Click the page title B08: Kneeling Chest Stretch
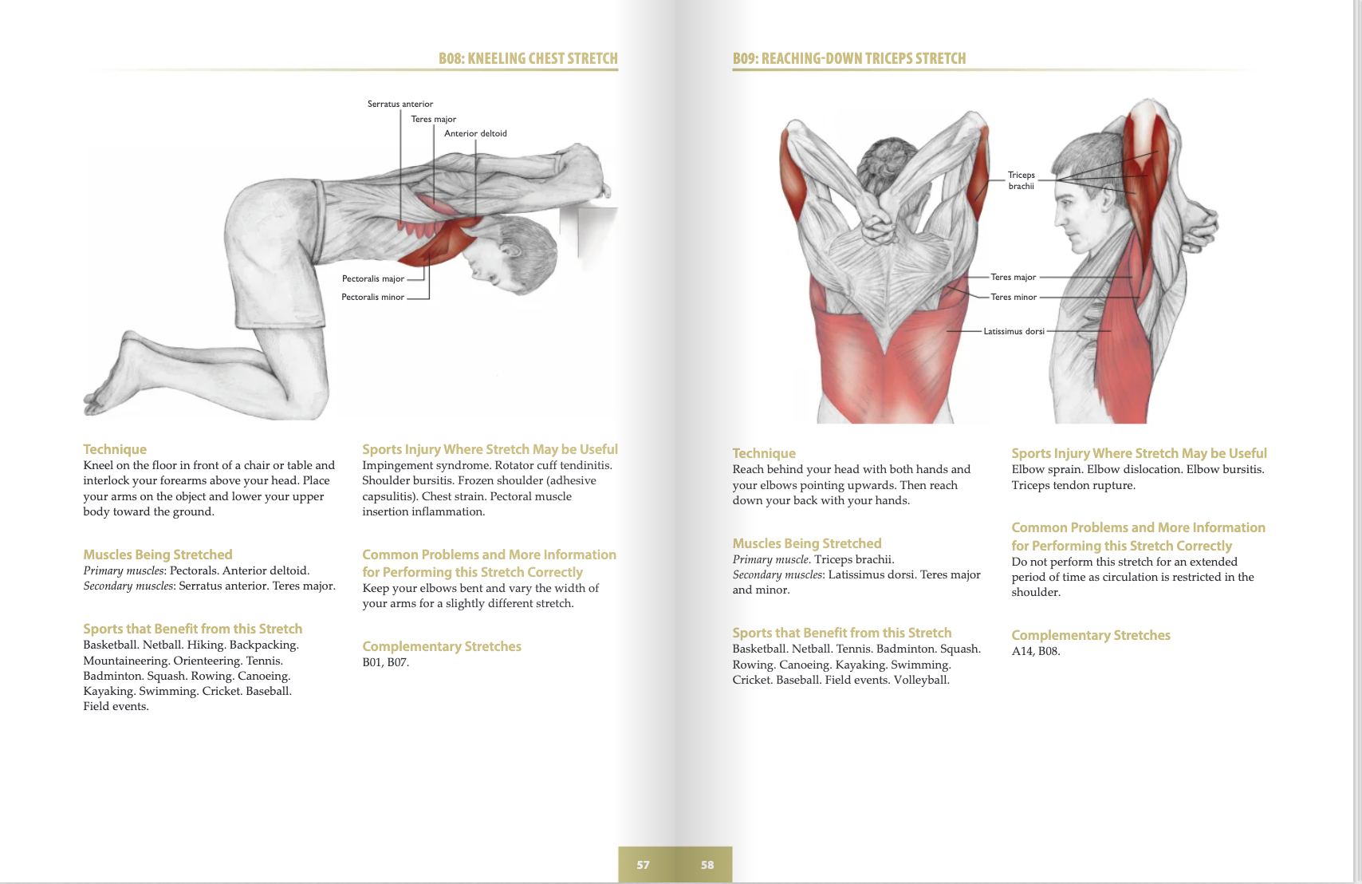pyautogui.click(x=528, y=58)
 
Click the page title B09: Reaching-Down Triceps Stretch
pyautogui.click(x=848, y=58)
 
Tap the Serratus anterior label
pyautogui.click(x=400, y=104)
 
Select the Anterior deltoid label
pyautogui.click(x=475, y=133)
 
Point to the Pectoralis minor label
pyautogui.click(x=372, y=297)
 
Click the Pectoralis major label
pyautogui.click(x=372, y=278)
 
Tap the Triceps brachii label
pyautogui.click(x=1021, y=180)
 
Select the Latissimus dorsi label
pyautogui.click(x=1014, y=331)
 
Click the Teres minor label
pyautogui.click(x=1014, y=297)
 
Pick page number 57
pyautogui.click(x=643, y=865)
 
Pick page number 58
pyautogui.click(x=707, y=865)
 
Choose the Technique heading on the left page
pyautogui.click(x=115, y=449)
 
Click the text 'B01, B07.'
pyautogui.click(x=385, y=662)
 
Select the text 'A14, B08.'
pyautogui.click(x=1035, y=651)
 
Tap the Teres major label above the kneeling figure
pyautogui.click(x=433, y=119)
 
